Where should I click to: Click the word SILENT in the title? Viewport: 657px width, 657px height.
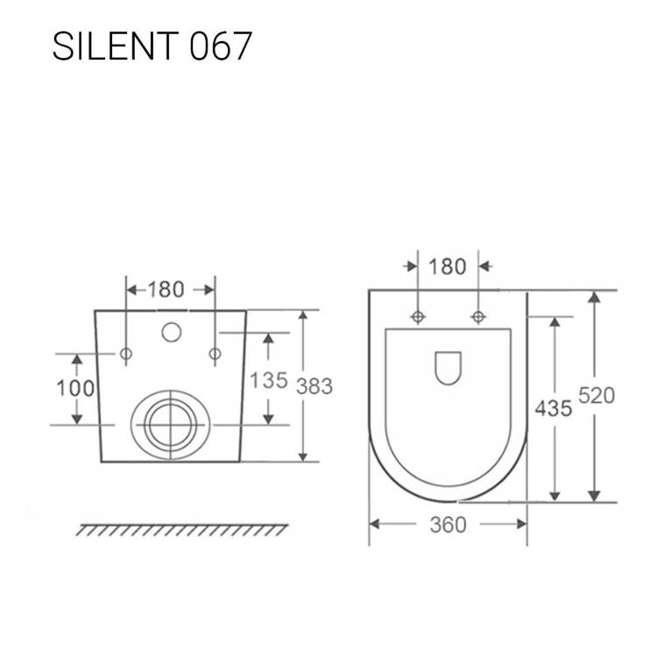(x=116, y=46)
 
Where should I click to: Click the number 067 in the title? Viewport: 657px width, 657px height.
(x=221, y=46)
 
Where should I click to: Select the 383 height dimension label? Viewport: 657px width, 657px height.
(x=314, y=386)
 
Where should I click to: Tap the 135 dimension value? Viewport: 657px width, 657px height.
(x=269, y=380)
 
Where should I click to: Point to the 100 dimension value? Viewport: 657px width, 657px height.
(x=75, y=388)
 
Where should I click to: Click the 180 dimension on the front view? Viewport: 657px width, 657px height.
(x=166, y=290)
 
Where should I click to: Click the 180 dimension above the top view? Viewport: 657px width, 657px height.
(x=448, y=267)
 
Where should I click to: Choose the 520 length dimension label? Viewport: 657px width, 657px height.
(x=597, y=395)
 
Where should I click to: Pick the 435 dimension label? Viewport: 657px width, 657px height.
(x=554, y=408)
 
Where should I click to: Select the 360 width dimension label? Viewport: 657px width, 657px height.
(x=448, y=525)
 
